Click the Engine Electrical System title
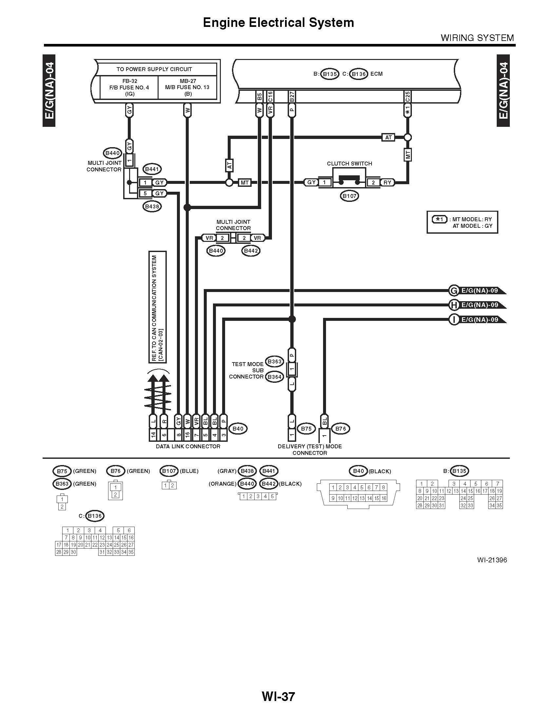[278, 22]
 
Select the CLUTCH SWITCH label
[349, 164]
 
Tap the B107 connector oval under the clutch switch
[350, 196]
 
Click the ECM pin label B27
[292, 97]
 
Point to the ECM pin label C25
[408, 97]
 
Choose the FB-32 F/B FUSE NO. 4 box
[129, 87]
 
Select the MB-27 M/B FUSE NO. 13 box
[188, 87]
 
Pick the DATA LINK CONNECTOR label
[188, 446]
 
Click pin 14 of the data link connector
[153, 435]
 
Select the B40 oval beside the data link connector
[238, 429]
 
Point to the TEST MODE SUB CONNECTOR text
[247, 370]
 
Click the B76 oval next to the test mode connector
[340, 429]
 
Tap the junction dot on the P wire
[292, 319]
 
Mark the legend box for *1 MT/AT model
[462, 222]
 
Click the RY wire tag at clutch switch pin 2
[387, 182]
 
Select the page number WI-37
[278, 696]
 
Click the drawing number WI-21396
[492, 560]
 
